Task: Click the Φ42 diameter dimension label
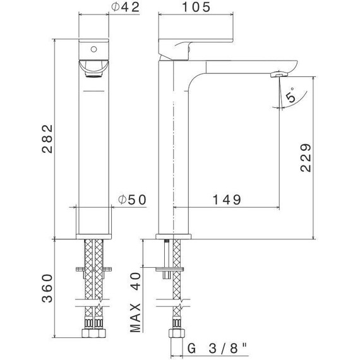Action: [125, 8]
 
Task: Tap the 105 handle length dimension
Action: [196, 7]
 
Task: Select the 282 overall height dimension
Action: [47, 139]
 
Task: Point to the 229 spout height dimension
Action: [306, 158]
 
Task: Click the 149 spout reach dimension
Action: [227, 200]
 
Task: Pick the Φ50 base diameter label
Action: [132, 200]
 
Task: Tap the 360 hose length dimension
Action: [47, 288]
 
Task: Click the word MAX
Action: [135, 318]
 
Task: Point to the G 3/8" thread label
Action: [217, 348]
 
